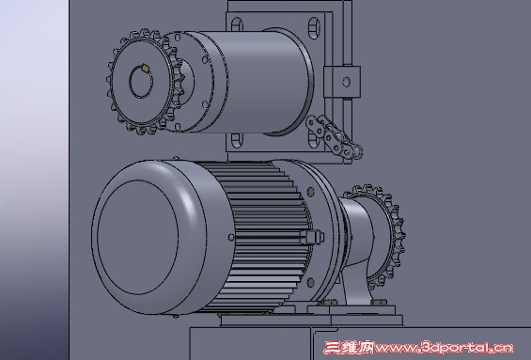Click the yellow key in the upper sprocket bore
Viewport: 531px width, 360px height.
click(x=145, y=68)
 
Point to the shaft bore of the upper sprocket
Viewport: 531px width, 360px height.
click(x=141, y=82)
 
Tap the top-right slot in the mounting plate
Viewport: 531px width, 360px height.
click(x=314, y=27)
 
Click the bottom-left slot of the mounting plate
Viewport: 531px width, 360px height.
click(x=236, y=141)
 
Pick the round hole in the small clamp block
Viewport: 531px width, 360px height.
click(x=346, y=82)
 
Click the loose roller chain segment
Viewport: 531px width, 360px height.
click(x=335, y=136)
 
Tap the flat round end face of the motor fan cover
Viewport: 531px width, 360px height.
click(x=137, y=237)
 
